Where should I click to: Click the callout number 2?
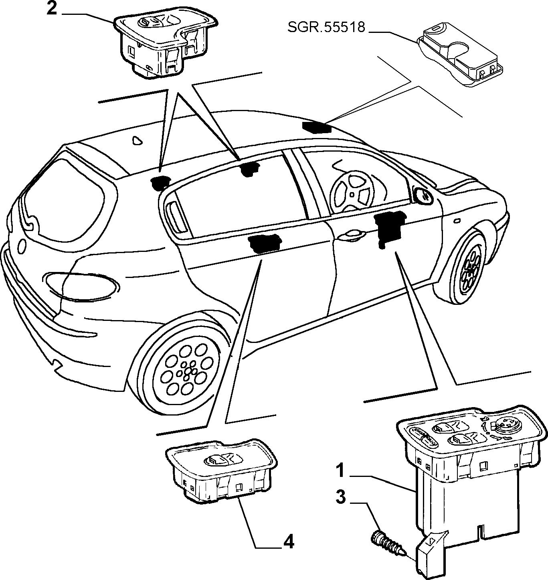51,9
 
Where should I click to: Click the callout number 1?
341,470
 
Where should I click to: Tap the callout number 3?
341,497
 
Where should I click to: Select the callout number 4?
288,541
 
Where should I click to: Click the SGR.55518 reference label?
326,27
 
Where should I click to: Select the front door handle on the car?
352,235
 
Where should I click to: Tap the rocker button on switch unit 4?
223,460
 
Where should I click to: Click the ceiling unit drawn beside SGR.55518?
460,55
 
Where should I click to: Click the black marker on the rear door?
265,243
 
